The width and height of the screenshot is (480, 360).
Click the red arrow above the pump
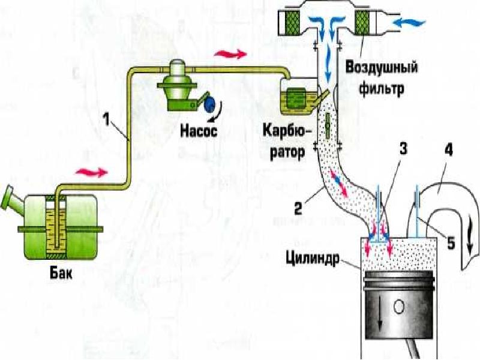pos(230,54)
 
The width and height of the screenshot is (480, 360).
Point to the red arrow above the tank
pos(92,172)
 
